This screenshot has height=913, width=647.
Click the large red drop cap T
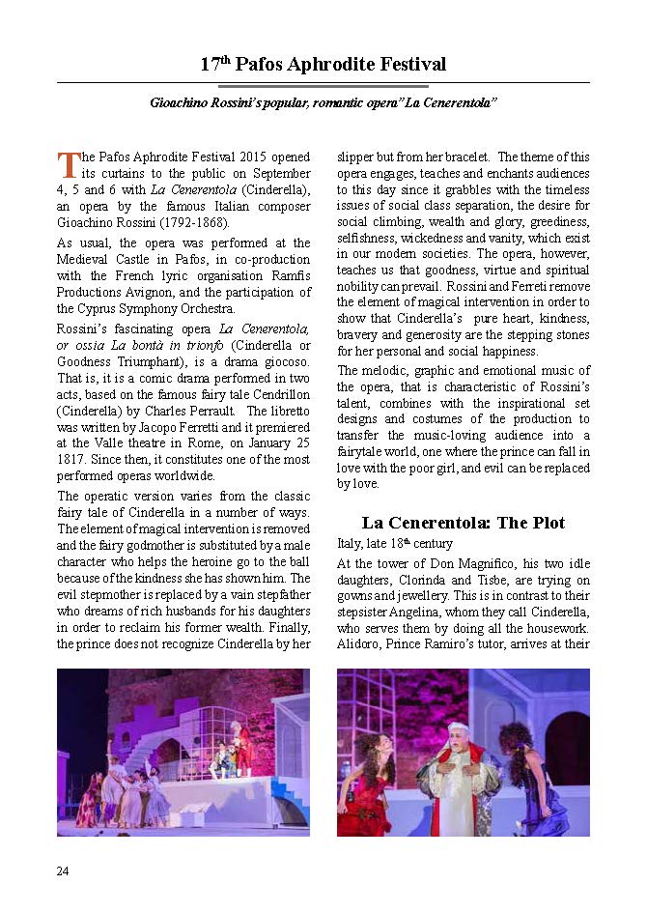pos(67,164)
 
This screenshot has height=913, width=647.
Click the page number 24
pos(63,871)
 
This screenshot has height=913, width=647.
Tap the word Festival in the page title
pos(407,65)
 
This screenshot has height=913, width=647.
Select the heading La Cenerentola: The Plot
pos(463,523)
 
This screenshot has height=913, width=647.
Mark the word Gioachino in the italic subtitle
pos(183,102)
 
